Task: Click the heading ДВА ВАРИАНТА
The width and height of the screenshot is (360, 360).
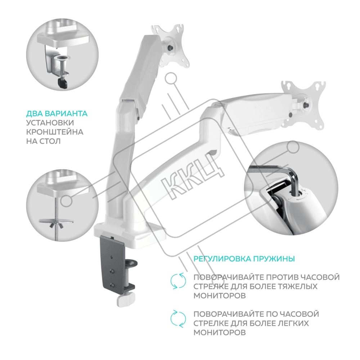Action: point(57,114)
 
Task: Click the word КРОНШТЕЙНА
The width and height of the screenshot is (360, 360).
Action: point(55,132)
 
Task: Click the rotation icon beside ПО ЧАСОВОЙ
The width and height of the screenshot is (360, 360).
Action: point(178,319)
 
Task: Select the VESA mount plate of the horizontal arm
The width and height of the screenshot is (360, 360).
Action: point(303,103)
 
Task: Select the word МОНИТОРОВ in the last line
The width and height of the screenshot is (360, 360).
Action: point(220,333)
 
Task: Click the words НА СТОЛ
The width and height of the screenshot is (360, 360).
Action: point(44,141)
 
